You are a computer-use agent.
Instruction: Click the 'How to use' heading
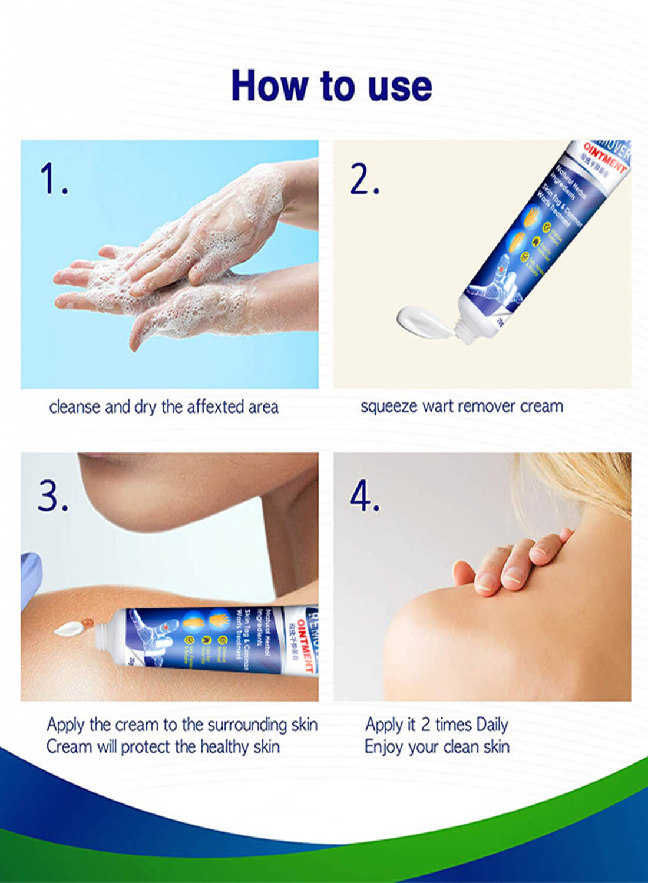coord(332,86)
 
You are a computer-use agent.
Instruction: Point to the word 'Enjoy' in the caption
coord(383,748)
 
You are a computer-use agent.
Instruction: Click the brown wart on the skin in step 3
coord(88,621)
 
